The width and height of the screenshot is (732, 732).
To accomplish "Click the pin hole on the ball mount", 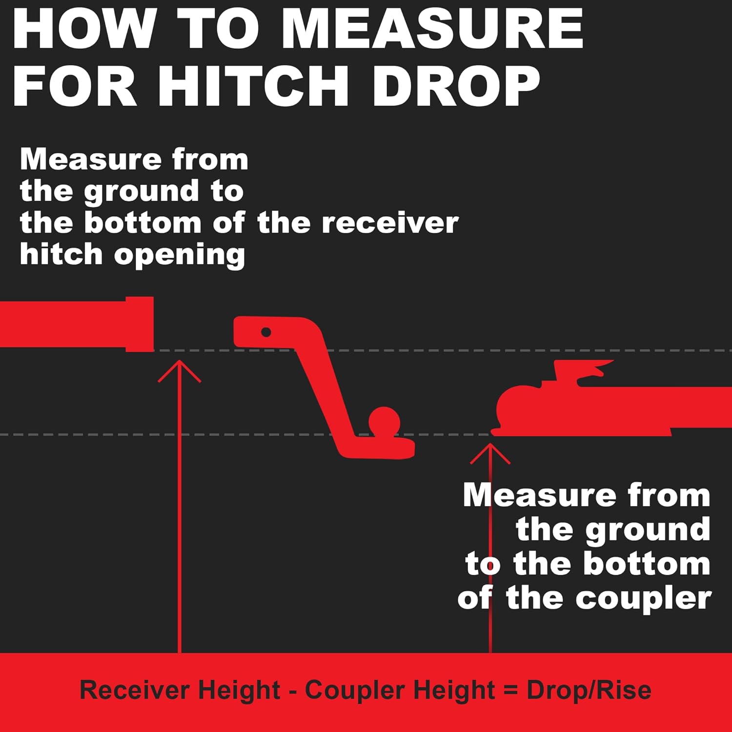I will (266, 332).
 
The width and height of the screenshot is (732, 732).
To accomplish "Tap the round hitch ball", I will (385, 421).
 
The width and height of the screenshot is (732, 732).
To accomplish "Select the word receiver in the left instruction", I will (390, 223).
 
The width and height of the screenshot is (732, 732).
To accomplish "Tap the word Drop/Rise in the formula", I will (589, 690).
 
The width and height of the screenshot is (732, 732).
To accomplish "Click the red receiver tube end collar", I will (140, 324).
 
